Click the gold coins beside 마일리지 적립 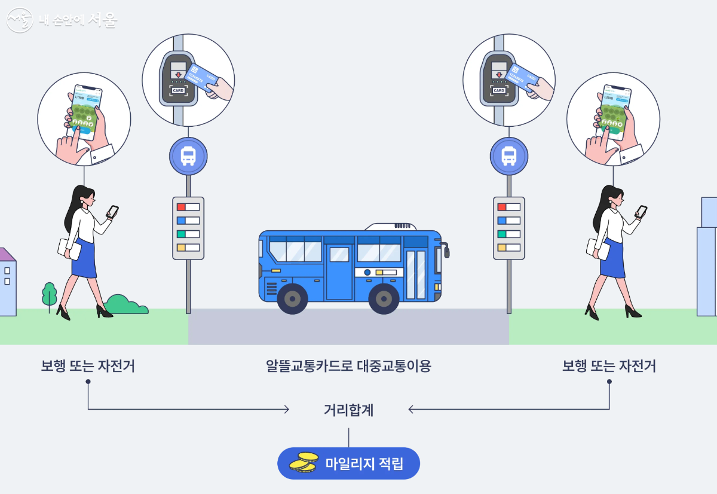click(304, 462)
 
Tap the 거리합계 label click(348, 410)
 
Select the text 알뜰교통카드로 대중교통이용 click(348, 365)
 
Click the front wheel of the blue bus click(384, 298)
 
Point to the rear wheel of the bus click(292, 298)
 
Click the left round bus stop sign click(188, 156)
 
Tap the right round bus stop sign click(509, 156)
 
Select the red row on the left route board click(188, 207)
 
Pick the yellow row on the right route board click(509, 248)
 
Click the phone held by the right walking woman click(641, 211)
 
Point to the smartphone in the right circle click(615, 111)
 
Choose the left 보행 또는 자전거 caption click(88, 365)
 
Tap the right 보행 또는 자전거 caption click(609, 365)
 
